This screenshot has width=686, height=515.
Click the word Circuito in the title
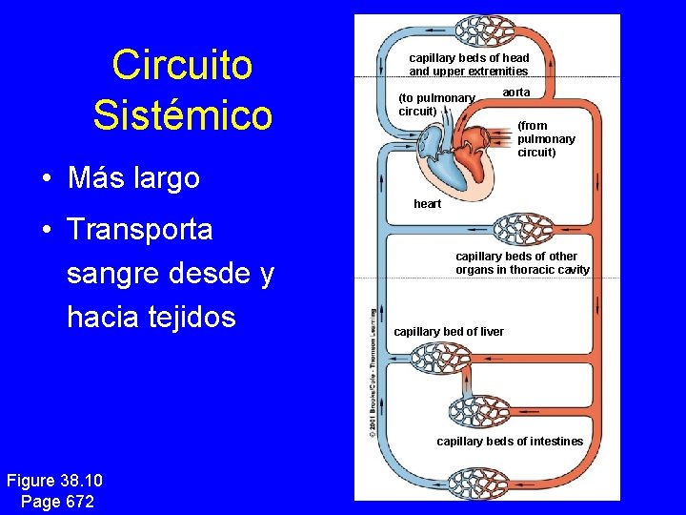tap(182, 66)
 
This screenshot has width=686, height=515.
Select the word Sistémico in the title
tap(182, 115)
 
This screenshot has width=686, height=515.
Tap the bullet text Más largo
tap(133, 177)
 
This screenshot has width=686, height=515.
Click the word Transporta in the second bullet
tap(139, 230)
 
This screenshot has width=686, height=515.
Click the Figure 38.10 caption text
tap(54, 481)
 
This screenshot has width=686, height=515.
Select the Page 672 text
tap(56, 501)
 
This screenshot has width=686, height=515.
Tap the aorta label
tap(516, 93)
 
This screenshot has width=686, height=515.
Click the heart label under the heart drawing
tap(427, 204)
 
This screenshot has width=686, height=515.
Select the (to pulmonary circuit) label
tap(436, 104)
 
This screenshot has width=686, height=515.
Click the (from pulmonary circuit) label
tap(546, 138)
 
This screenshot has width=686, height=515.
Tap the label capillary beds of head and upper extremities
tap(469, 65)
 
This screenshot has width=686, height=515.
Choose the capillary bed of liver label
tap(449, 332)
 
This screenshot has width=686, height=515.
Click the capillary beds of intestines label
tap(510, 442)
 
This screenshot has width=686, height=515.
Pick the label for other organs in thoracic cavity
tap(522, 263)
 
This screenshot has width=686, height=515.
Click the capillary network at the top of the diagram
tap(485, 32)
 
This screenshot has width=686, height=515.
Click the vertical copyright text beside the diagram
tap(372, 373)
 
